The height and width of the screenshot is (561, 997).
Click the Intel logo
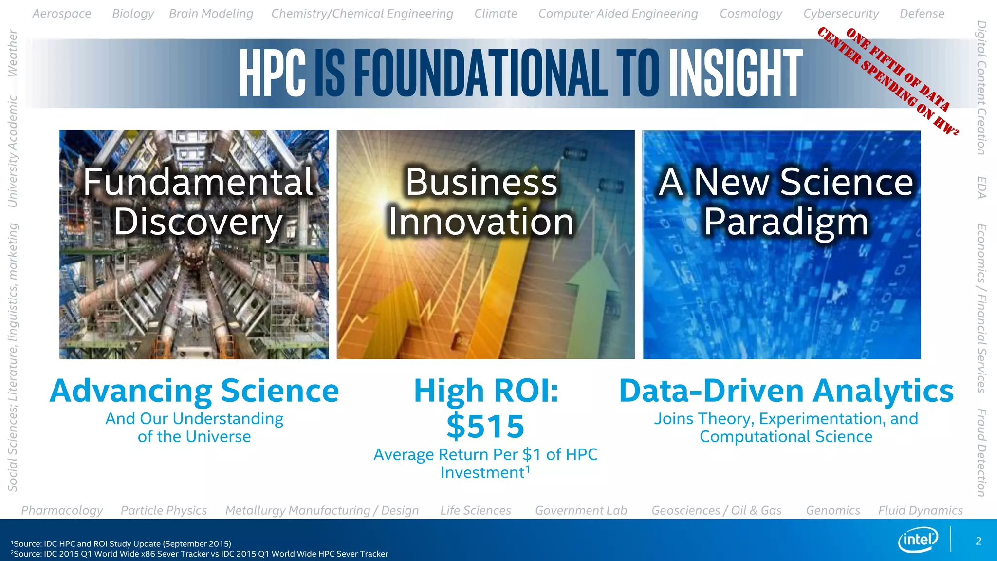click(x=918, y=540)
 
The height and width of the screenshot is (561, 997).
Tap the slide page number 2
click(x=978, y=541)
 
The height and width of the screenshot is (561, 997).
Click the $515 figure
click(x=485, y=426)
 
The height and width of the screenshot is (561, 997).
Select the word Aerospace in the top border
click(x=62, y=14)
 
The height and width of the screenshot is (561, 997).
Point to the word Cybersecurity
click(x=841, y=14)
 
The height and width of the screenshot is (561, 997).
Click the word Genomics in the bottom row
click(x=832, y=510)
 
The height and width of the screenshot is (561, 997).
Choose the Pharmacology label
click(x=62, y=510)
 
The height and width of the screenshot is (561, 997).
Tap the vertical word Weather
click(x=13, y=53)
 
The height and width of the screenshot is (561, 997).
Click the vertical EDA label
click(x=982, y=187)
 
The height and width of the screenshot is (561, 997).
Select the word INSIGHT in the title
click(x=735, y=74)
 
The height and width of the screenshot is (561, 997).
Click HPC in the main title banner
click(x=272, y=74)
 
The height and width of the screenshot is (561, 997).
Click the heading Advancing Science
click(x=194, y=391)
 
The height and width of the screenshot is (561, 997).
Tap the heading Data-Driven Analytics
click(x=786, y=391)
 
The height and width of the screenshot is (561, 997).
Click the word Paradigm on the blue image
click(x=786, y=222)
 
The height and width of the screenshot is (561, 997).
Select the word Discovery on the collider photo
click(x=198, y=222)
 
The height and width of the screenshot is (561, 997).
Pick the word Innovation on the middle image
click(x=481, y=222)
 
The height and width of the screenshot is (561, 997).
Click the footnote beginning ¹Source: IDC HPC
click(x=122, y=543)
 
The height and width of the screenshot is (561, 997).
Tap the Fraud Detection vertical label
click(x=982, y=452)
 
